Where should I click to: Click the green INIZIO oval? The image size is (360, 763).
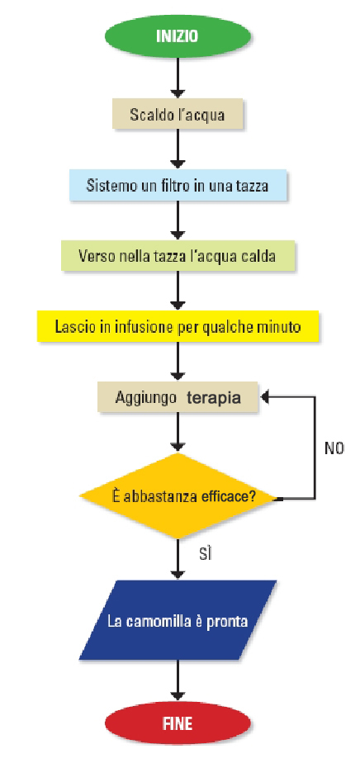178,36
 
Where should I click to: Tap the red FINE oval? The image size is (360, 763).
178,723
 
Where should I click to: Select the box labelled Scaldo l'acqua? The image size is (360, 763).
177,114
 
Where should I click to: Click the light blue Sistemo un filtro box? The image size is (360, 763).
178,186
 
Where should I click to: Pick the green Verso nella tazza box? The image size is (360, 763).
178,255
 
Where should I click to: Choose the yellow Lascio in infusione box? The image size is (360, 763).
178,326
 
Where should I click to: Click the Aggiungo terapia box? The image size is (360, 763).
178,397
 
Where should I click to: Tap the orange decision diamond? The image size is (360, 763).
178,496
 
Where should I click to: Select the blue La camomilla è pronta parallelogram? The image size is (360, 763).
178,620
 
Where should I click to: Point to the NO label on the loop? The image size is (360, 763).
334,448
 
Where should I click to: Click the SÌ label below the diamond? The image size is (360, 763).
206,554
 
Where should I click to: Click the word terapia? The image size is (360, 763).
214,398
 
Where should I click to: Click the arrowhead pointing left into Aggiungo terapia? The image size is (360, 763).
265,397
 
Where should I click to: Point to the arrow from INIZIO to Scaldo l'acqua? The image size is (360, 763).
178,78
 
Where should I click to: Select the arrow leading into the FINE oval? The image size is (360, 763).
178,680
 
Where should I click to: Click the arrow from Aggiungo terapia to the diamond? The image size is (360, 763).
178,433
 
